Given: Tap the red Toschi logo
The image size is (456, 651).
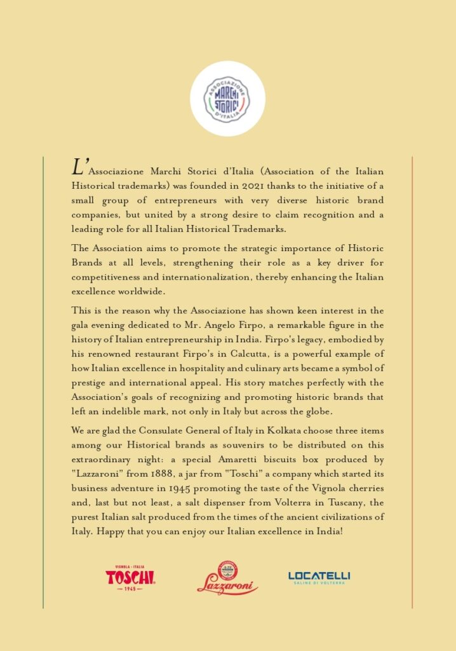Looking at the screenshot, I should pyautogui.click(x=130, y=577).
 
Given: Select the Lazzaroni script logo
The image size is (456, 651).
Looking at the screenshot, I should pyautogui.click(x=227, y=579).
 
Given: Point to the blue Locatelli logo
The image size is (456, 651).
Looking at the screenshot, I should pyautogui.click(x=319, y=577).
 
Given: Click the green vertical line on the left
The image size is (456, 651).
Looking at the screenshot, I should pyautogui.click(x=43, y=381).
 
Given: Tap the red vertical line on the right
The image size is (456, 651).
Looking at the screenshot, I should pyautogui.click(x=412, y=381).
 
